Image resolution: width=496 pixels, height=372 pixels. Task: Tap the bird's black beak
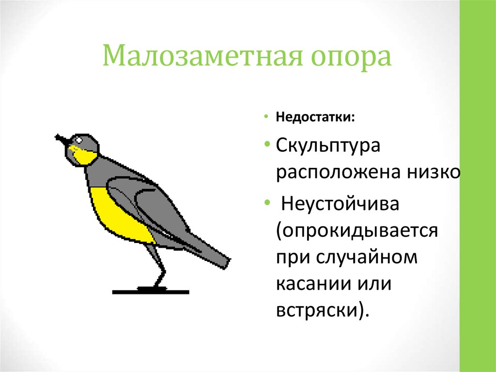(x=61, y=140)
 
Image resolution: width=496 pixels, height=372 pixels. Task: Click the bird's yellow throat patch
(x=83, y=154)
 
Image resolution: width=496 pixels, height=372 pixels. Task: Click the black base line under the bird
(x=150, y=292)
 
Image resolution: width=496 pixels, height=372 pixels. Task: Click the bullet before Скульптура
(x=267, y=146)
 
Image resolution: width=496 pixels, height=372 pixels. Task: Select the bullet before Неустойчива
(x=267, y=203)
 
